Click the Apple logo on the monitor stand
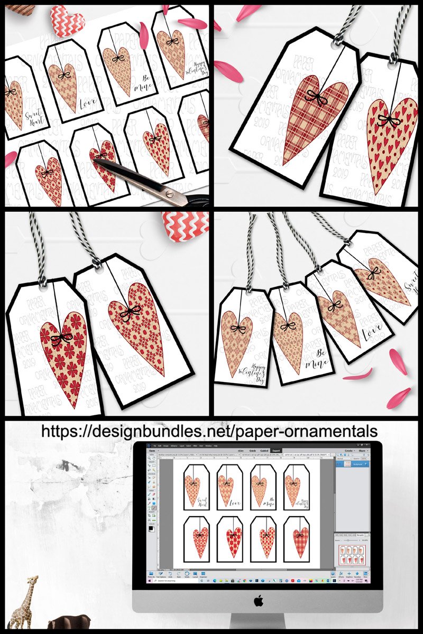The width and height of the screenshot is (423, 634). (x=258, y=600)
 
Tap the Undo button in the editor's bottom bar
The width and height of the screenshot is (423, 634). (x=169, y=574)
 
